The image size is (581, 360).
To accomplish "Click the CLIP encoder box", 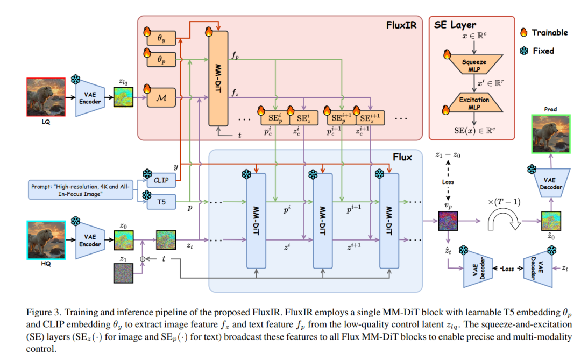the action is (x=161, y=180).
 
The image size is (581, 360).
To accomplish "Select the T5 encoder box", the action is (x=161, y=202).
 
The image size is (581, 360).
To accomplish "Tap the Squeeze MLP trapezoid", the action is (x=474, y=65).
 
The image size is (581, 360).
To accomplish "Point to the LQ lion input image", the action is (x=46, y=97).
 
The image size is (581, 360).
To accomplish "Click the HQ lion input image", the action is (x=46, y=240).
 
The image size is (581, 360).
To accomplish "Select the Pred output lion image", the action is (x=551, y=134).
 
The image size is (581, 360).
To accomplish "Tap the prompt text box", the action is (x=80, y=190).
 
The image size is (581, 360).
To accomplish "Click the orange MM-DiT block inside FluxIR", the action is (x=218, y=78).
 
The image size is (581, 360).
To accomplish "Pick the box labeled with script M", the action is (x=161, y=98).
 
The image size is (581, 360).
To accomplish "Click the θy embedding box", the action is (x=161, y=38).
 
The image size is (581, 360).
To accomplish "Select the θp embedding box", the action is (x=161, y=59).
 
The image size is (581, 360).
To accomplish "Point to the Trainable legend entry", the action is (x=543, y=32).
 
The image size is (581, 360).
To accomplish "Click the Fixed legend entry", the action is (x=537, y=51).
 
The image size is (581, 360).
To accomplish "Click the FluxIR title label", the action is (x=401, y=25).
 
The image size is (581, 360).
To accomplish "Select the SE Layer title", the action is (x=455, y=25).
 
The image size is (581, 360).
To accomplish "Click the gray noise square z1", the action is (x=123, y=273).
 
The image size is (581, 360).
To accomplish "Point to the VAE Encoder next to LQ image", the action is (x=90, y=98).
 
